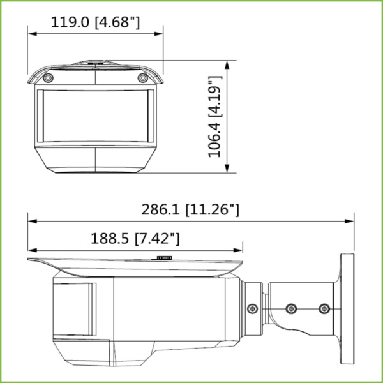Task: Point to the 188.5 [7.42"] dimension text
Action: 135,239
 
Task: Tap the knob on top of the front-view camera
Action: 95,63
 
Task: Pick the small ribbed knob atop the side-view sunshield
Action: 163,258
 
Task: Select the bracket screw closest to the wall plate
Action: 324,309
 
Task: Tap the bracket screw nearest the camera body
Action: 252,309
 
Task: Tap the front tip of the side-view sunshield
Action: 29,259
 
